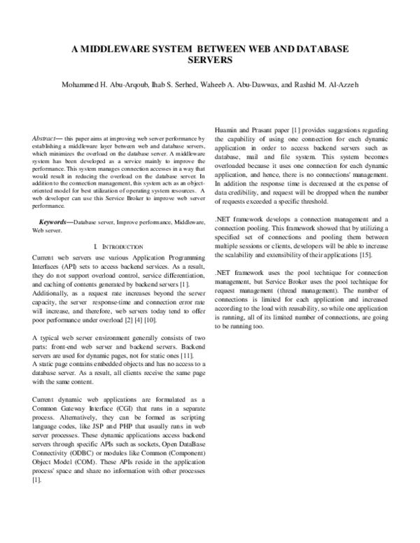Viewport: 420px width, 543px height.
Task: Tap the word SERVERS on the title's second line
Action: (209, 61)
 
